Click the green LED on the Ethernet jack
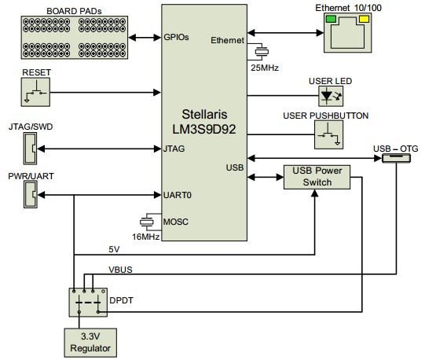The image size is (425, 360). click(x=331, y=19)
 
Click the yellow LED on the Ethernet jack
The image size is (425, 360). click(x=364, y=19)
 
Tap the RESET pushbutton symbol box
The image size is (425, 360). click(x=35, y=92)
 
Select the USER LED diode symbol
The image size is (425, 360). click(x=331, y=97)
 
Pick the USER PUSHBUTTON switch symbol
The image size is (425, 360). click(x=328, y=134)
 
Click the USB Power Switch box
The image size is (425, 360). click(x=317, y=177)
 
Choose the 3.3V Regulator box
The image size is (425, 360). click(x=90, y=343)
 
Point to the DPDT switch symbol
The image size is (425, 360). click(x=88, y=302)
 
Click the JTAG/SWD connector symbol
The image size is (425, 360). click(x=30, y=149)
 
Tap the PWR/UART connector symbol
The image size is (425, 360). click(x=31, y=194)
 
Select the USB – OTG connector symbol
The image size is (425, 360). click(x=396, y=158)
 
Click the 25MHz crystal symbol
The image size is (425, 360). click(x=262, y=52)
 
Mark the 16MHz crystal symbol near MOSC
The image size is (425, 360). click(x=147, y=222)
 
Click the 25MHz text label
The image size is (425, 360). click(x=265, y=68)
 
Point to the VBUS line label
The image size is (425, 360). click(x=120, y=270)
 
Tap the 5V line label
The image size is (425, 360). click(x=114, y=249)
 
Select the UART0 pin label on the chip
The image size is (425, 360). click(x=178, y=195)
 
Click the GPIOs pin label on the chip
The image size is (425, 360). click(x=176, y=37)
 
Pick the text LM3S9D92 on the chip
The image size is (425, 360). click(x=204, y=130)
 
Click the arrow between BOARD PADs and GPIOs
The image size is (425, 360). click(x=145, y=38)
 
